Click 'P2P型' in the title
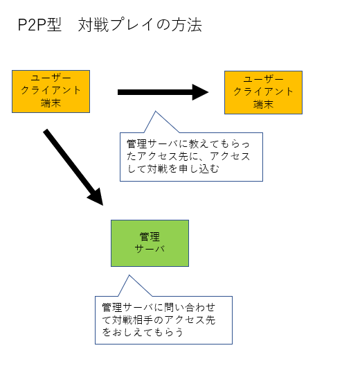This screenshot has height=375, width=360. (x=39, y=25)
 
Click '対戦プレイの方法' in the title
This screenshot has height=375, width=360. (x=140, y=25)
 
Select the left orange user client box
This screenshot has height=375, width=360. (x=51, y=91)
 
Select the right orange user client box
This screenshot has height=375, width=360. (x=263, y=92)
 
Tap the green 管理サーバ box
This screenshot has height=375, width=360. (x=150, y=243)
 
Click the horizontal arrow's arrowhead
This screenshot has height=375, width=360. (x=200, y=92)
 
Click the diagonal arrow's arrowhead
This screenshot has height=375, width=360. (x=97, y=198)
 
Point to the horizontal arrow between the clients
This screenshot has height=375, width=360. (x=163, y=92)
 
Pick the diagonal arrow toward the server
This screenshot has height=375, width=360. (x=73, y=168)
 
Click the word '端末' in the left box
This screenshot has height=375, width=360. (x=51, y=103)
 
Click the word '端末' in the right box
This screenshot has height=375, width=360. (x=263, y=104)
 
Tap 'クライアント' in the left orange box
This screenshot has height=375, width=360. (x=51, y=90)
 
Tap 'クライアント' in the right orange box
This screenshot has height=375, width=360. (x=263, y=91)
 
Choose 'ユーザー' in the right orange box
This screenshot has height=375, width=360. (x=263, y=79)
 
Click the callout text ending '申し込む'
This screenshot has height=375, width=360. (x=188, y=156)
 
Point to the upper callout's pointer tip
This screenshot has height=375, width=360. (x=156, y=111)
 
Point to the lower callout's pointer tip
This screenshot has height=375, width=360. (x=129, y=275)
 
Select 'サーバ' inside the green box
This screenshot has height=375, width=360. (x=150, y=250)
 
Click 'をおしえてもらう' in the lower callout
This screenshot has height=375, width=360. (x=143, y=332)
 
